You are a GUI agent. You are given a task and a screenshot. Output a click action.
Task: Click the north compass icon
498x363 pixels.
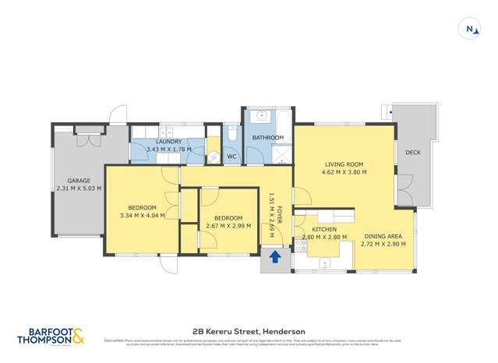click(x=472, y=30)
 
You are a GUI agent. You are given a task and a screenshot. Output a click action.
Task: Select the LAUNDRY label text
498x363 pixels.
click(x=168, y=142)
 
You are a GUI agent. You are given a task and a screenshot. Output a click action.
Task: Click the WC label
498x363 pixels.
click(x=231, y=157)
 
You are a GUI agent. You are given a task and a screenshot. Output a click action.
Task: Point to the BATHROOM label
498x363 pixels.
click(x=267, y=138)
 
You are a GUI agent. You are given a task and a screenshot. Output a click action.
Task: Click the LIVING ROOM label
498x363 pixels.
click(x=344, y=164)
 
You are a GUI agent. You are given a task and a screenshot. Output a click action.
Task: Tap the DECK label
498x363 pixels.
click(x=413, y=153)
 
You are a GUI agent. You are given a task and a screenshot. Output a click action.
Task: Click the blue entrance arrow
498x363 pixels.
click(x=274, y=256)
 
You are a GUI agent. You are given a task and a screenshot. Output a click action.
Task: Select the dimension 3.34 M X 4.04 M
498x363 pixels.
click(x=143, y=215)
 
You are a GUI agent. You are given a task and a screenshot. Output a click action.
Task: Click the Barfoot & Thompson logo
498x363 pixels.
click(x=51, y=335)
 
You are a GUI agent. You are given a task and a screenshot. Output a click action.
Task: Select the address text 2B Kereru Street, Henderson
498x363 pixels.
click(x=249, y=330)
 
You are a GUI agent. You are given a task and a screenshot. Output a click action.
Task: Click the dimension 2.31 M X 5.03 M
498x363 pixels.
click(x=79, y=189)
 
